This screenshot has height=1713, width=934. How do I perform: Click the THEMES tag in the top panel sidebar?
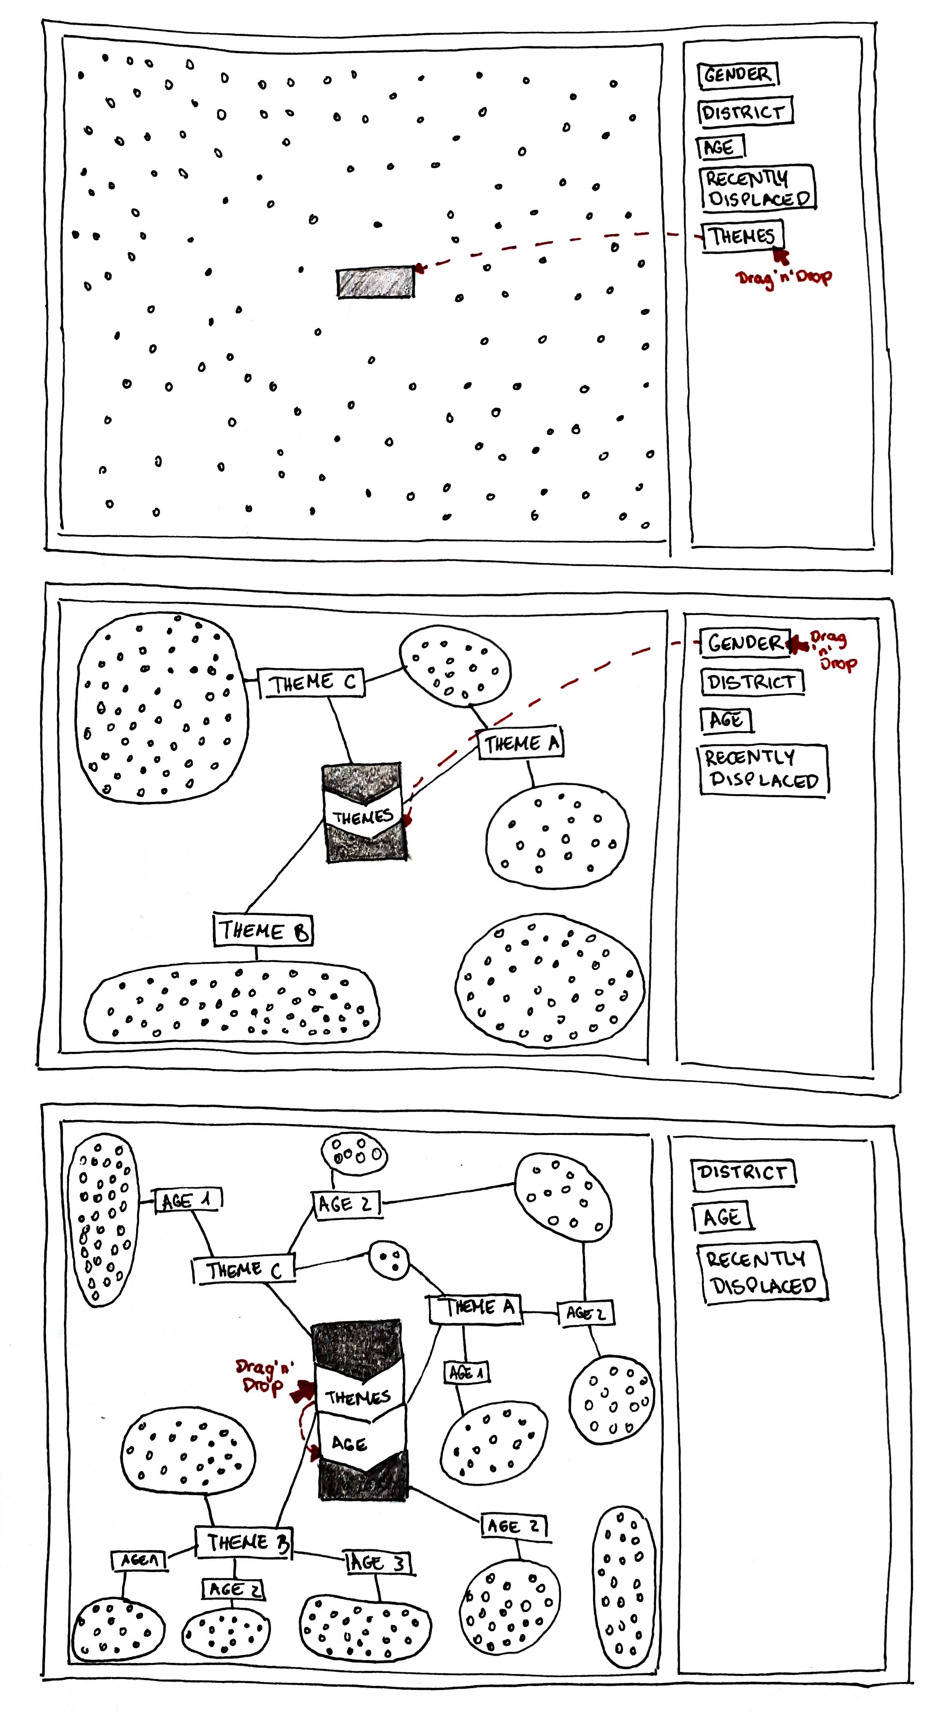[742, 236]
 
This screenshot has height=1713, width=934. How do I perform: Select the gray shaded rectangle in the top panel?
[375, 282]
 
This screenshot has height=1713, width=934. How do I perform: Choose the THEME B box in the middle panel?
[263, 930]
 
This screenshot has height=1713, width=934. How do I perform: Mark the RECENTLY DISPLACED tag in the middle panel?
[763, 769]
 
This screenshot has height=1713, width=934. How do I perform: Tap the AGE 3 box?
[378, 1563]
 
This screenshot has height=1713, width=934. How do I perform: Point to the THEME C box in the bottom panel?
[243, 1271]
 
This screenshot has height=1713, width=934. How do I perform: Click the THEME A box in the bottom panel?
[475, 1308]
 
